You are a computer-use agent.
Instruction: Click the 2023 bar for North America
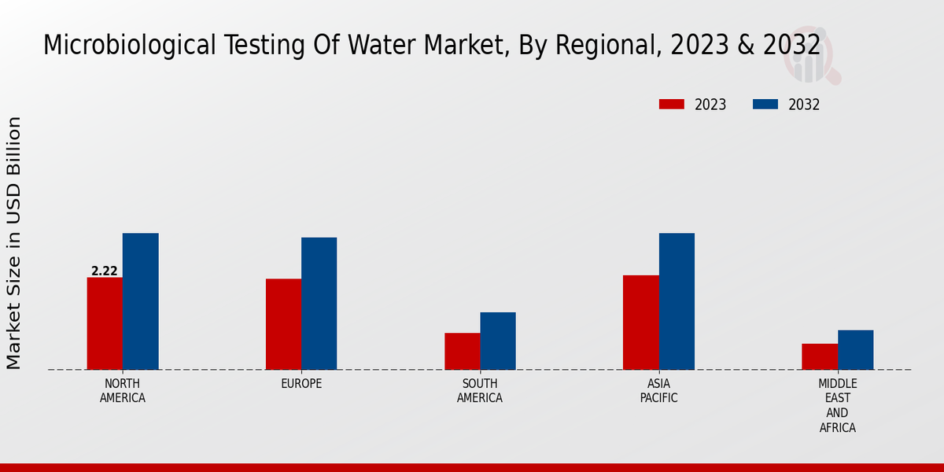pyautogui.click(x=105, y=323)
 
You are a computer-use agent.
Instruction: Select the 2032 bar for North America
pyautogui.click(x=140, y=301)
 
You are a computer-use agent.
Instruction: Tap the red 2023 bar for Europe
pyautogui.click(x=283, y=324)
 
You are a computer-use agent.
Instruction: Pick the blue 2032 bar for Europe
pyautogui.click(x=319, y=304)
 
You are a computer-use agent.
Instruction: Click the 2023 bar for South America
pyautogui.click(x=462, y=351)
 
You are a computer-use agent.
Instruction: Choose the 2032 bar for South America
pyautogui.click(x=498, y=341)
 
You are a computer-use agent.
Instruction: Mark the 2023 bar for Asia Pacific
pyautogui.click(x=640, y=323)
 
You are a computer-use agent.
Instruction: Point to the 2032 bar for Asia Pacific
pyautogui.click(x=677, y=301)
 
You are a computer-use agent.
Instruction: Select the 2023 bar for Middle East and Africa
pyautogui.click(x=820, y=356)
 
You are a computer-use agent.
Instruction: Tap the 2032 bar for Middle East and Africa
pyautogui.click(x=855, y=349)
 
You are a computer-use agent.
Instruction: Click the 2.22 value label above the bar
pyautogui.click(x=105, y=271)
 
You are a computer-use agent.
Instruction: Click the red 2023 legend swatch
pyautogui.click(x=672, y=105)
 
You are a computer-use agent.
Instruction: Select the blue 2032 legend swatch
pyautogui.click(x=765, y=105)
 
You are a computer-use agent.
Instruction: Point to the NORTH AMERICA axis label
pyautogui.click(x=123, y=391)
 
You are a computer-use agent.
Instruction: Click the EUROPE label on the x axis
pyautogui.click(x=301, y=384)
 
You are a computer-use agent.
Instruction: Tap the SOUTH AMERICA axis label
pyautogui.click(x=480, y=391)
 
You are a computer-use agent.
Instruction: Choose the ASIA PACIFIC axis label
pyautogui.click(x=658, y=391)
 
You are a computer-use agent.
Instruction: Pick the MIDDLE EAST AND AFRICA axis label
pyautogui.click(x=837, y=406)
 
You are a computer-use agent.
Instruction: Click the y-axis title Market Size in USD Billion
pyautogui.click(x=14, y=242)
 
